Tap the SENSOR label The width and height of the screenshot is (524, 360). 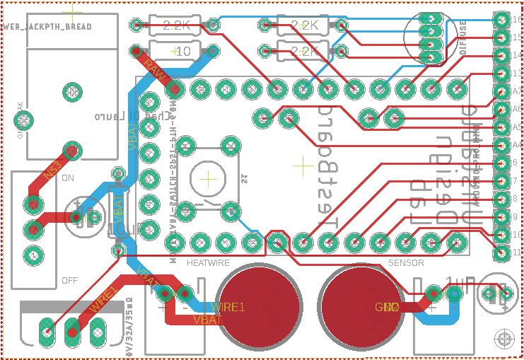click(x=407, y=263)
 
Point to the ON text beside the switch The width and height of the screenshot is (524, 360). click(x=69, y=178)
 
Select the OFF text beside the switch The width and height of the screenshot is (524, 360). click(x=69, y=281)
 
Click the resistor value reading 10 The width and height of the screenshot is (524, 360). click(x=182, y=52)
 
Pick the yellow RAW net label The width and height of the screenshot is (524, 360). click(x=155, y=69)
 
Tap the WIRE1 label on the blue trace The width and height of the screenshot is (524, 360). click(x=228, y=307)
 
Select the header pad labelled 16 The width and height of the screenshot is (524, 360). click(x=501, y=19)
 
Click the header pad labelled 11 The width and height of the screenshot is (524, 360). click(x=501, y=252)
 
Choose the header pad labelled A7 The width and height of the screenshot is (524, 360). click(x=501, y=91)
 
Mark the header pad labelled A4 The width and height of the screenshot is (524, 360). click(x=501, y=144)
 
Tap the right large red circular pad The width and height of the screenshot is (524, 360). click(x=361, y=307)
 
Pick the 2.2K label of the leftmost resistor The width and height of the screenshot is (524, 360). click(x=177, y=26)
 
